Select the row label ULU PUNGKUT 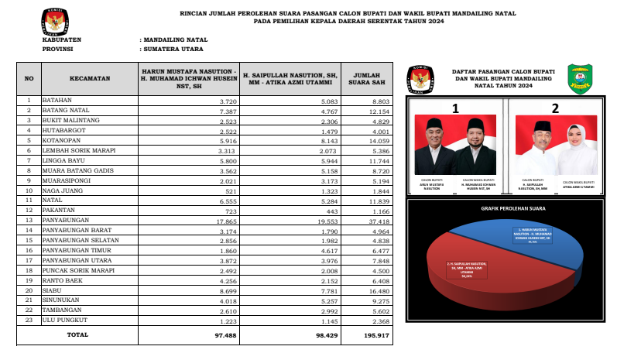67,320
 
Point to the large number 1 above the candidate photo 456,108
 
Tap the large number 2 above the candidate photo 555,108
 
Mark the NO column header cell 29,78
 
